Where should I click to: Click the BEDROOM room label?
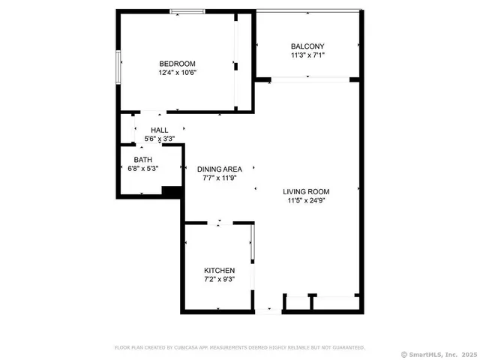pyautogui.click(x=177, y=63)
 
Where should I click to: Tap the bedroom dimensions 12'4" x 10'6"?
pyautogui.click(x=177, y=73)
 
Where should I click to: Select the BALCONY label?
pyautogui.click(x=307, y=46)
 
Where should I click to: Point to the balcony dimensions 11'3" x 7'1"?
pyautogui.click(x=307, y=55)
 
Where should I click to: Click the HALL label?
pyautogui.click(x=159, y=130)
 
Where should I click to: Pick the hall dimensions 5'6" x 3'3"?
pyautogui.click(x=159, y=139)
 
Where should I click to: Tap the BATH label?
pyautogui.click(x=142, y=160)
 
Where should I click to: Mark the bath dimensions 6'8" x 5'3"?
pyautogui.click(x=142, y=169)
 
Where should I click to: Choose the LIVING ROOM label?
pyautogui.click(x=308, y=191)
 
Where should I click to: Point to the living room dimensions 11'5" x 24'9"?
pyautogui.click(x=308, y=200)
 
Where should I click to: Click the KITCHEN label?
pyautogui.click(x=220, y=270)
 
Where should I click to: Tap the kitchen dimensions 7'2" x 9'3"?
pyautogui.click(x=220, y=279)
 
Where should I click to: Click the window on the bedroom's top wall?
pyautogui.click(x=187, y=11)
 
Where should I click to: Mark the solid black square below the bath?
pyautogui.click(x=172, y=192)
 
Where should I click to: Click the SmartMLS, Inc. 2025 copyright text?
pyautogui.click(x=439, y=354)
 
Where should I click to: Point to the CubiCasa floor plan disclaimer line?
pyautogui.click(x=239, y=347)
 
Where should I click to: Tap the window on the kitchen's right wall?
pyautogui.click(x=252, y=243)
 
